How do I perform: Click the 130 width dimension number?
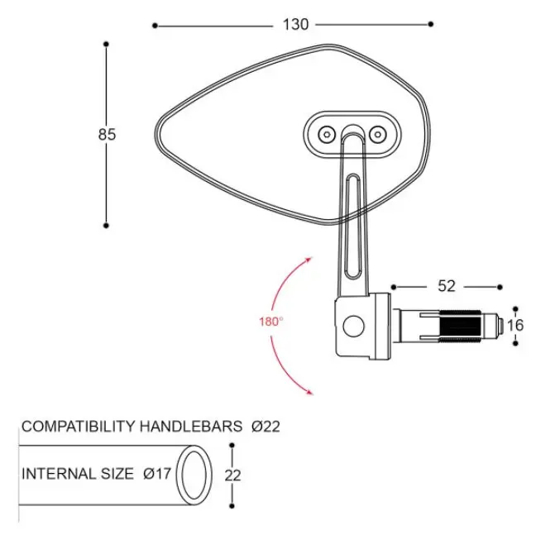[x=295, y=25]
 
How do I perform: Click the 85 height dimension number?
[x=107, y=135]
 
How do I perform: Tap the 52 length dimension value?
[x=447, y=286]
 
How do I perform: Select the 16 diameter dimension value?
[x=515, y=325]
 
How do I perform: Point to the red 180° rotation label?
[x=271, y=322]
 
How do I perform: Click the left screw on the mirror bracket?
[x=327, y=135]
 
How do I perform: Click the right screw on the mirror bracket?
[x=378, y=135]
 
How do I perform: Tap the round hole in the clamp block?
[x=353, y=326]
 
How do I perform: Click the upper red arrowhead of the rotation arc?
[x=309, y=260]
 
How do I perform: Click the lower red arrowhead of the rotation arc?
[x=309, y=391]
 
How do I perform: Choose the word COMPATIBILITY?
[x=79, y=426]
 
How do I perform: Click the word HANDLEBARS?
[x=191, y=426]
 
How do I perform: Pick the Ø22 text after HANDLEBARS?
[x=266, y=426]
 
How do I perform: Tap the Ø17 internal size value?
[x=157, y=474]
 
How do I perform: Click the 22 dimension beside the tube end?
[x=232, y=475]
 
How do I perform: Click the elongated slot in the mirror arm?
[x=353, y=226]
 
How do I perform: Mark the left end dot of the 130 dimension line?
[x=155, y=26]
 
